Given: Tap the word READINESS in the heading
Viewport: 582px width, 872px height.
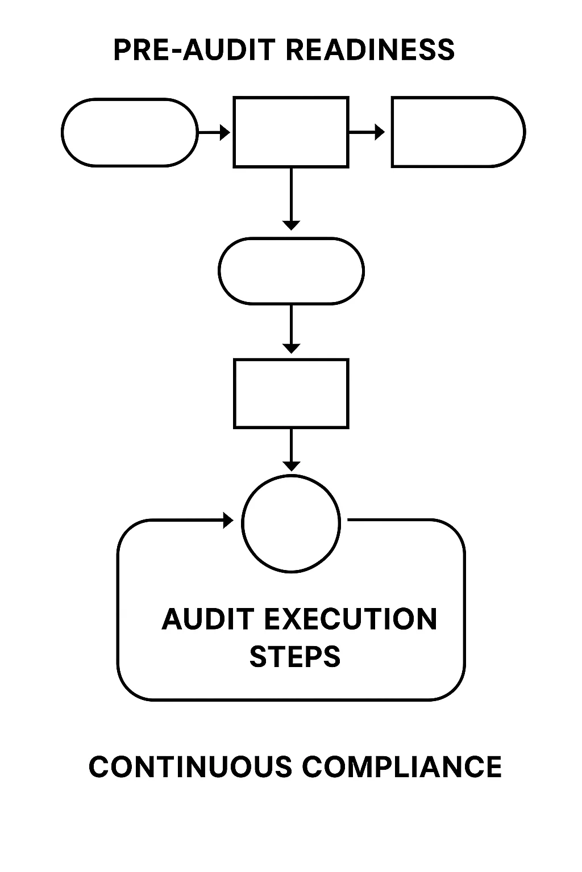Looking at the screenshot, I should pos(370,50).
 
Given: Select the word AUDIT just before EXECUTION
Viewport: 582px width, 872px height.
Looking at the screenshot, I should pos(208,619).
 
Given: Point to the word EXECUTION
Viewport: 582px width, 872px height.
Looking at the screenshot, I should pos(351,619).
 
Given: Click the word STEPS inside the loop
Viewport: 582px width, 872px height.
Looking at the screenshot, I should pos(295,656).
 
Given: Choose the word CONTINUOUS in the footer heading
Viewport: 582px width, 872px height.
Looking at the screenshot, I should pos(190,767).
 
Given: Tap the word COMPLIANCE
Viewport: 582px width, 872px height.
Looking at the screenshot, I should pos(402,767).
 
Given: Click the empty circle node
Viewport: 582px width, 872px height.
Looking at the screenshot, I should pos(291,523).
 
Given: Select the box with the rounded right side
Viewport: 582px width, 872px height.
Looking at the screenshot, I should pos(458,132).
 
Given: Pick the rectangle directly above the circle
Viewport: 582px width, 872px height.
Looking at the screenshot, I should pos(291,393).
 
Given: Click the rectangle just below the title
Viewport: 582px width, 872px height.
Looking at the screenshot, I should pos(291,132).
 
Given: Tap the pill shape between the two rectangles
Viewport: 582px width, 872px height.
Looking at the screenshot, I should pos(291,271).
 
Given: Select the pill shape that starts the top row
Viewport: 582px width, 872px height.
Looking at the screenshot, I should pos(130,132).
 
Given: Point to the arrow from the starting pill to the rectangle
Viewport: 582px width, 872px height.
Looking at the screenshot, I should pos(214,133).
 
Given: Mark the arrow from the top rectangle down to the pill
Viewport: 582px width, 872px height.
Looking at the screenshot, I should pos(291,199).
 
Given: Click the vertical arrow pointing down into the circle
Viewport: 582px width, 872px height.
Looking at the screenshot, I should pos(291,450).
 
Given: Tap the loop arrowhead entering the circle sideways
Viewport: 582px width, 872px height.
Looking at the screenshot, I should pos(228,520).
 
